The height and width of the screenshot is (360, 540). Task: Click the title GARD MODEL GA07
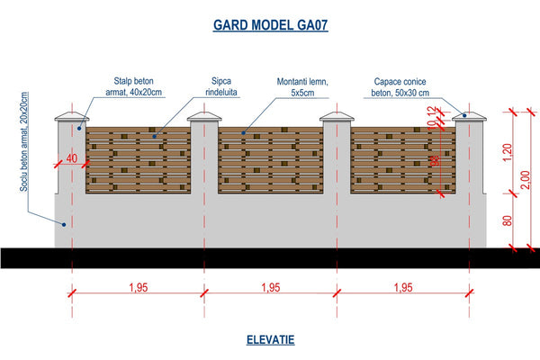pyautogui.click(x=270, y=25)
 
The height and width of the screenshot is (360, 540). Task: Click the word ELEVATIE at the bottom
pyautogui.click(x=270, y=340)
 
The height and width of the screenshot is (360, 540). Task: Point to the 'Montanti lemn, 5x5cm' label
pyautogui.click(x=303, y=85)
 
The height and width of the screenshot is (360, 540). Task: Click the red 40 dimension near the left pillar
pyautogui.click(x=71, y=158)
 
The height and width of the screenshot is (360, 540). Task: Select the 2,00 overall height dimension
pyautogui.click(x=526, y=179)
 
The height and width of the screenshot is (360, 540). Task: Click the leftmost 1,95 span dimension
pyautogui.click(x=138, y=288)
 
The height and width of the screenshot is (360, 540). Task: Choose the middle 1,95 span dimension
pyautogui.click(x=270, y=288)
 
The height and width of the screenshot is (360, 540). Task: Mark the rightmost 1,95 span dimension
pyautogui.click(x=402, y=288)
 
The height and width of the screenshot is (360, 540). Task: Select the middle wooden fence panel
pyautogui.click(x=270, y=160)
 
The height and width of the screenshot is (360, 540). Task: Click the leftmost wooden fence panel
pyautogui.click(x=138, y=160)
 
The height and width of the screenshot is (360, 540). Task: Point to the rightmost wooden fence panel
pyautogui.click(x=402, y=160)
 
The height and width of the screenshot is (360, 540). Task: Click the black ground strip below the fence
pyautogui.click(x=270, y=256)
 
